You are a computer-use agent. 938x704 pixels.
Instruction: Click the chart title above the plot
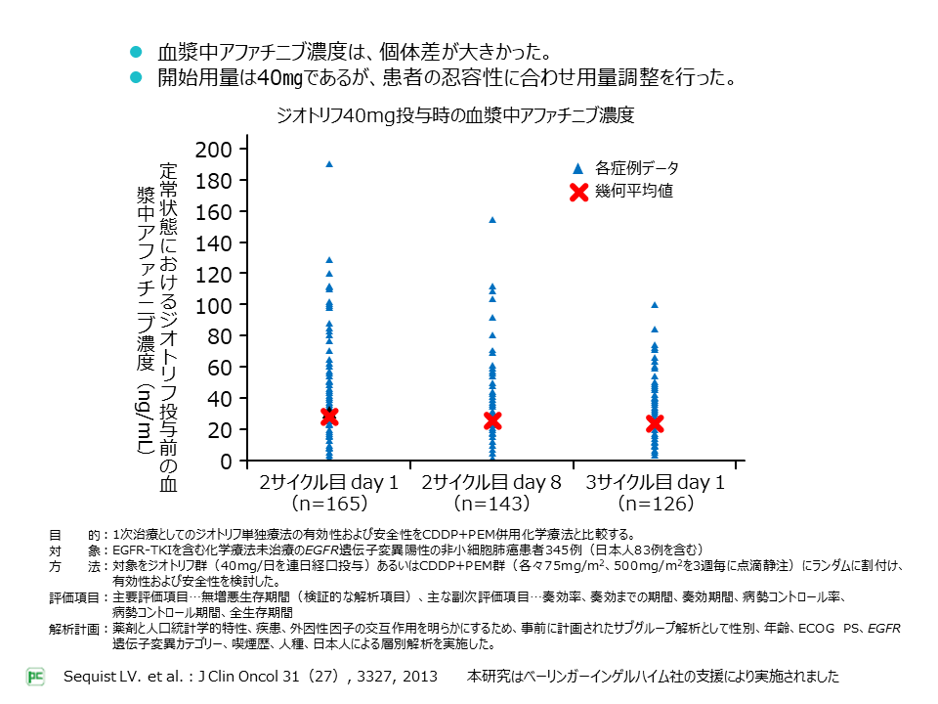pyautogui.click(x=455, y=115)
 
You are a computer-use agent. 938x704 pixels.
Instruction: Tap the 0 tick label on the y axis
pyautogui.click(x=226, y=462)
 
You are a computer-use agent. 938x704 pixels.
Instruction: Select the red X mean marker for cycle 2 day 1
pyautogui.click(x=329, y=417)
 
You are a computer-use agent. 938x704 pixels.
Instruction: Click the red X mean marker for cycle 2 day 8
pyautogui.click(x=492, y=420)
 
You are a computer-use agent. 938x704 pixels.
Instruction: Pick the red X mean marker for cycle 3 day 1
pyautogui.click(x=655, y=423)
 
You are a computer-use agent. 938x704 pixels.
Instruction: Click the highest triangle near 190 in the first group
pyautogui.click(x=329, y=164)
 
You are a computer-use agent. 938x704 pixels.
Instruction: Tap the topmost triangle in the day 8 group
pyautogui.click(x=492, y=220)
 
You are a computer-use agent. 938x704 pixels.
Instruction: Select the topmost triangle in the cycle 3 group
pyautogui.click(x=655, y=305)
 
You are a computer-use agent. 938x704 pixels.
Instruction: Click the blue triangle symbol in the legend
pyautogui.click(x=577, y=167)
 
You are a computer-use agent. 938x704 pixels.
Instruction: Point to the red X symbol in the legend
pyautogui.click(x=577, y=192)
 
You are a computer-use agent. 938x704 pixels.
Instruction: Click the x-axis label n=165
pyautogui.click(x=328, y=505)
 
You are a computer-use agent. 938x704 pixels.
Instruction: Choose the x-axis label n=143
pyautogui.click(x=491, y=505)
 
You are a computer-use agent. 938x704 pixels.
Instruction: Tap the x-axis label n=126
pyautogui.click(x=655, y=505)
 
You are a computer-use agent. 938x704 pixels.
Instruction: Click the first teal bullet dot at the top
pyautogui.click(x=137, y=51)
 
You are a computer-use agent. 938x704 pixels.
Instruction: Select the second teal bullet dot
pyautogui.click(x=137, y=77)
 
